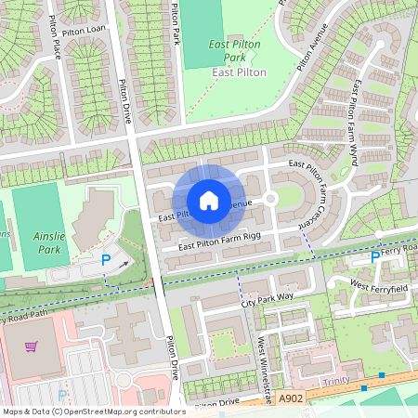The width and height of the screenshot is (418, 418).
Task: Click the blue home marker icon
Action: click(x=209, y=201)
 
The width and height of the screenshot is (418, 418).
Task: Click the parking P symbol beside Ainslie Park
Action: click(x=105, y=263)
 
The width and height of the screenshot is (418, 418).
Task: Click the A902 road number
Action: click(x=290, y=397)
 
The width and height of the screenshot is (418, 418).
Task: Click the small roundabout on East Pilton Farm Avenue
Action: click(x=270, y=198)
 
